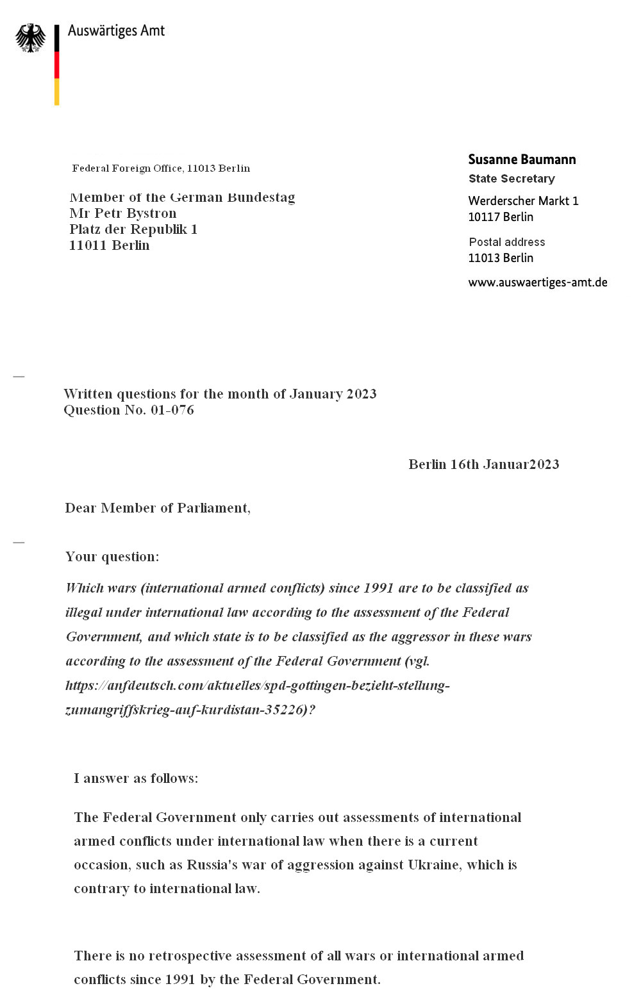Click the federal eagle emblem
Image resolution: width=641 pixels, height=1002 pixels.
pyautogui.click(x=31, y=38)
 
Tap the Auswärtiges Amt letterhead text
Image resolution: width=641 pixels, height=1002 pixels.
pyautogui.click(x=116, y=31)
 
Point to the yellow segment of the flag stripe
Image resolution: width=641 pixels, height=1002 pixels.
pyautogui.click(x=57, y=92)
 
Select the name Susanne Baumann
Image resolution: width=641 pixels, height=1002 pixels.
pyautogui.click(x=522, y=160)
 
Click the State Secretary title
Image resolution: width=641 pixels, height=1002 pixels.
pyautogui.click(x=512, y=179)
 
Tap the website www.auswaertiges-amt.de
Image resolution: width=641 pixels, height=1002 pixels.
pyautogui.click(x=537, y=283)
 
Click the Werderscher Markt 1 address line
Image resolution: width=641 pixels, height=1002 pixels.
pyautogui.click(x=523, y=201)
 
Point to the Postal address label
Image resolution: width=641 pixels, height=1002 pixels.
pyautogui.click(x=506, y=242)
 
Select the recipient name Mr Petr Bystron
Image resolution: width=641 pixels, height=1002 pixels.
pyautogui.click(x=123, y=213)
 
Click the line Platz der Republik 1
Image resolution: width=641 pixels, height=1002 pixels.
pyautogui.click(x=133, y=229)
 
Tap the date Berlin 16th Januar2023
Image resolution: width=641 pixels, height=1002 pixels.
pyautogui.click(x=483, y=464)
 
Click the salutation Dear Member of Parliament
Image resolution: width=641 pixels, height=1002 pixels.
pyautogui.click(x=158, y=508)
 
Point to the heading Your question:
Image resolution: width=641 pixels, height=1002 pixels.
pyautogui.click(x=112, y=557)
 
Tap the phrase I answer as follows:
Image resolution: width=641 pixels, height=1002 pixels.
pyautogui.click(x=136, y=778)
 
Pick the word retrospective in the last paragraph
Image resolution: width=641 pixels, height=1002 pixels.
pyautogui.click(x=190, y=956)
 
